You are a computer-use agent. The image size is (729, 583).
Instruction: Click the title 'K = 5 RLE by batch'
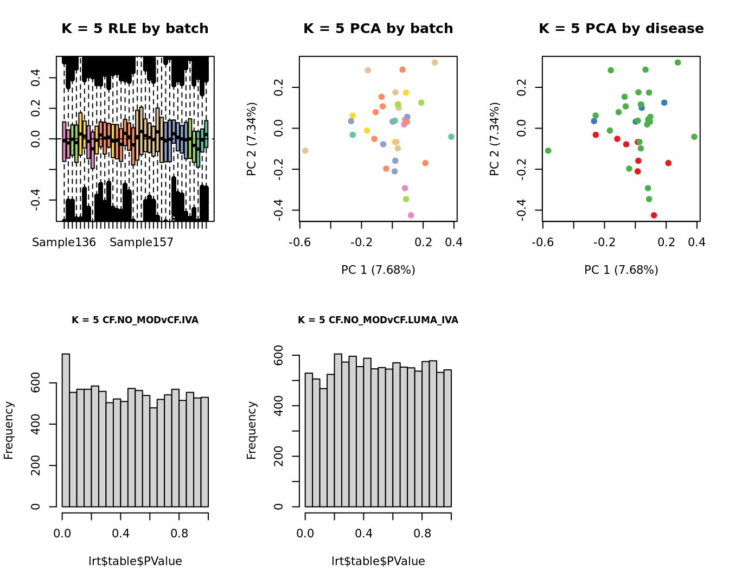click(x=135, y=29)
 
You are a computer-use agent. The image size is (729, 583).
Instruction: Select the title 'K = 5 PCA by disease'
click(x=621, y=29)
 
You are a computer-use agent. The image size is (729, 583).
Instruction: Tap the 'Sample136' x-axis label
click(x=64, y=242)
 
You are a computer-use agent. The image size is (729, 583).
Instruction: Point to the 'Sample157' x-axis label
click(x=142, y=242)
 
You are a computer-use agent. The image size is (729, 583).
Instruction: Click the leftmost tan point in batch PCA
click(x=305, y=151)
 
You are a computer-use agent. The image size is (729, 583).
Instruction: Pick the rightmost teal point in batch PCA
click(x=451, y=137)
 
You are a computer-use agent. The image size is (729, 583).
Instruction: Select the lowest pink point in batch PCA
click(x=411, y=215)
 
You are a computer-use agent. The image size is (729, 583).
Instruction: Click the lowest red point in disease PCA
click(x=654, y=215)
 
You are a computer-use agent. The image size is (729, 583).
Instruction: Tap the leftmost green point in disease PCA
click(x=548, y=151)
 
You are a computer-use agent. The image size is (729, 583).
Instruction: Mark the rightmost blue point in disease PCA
click(x=664, y=102)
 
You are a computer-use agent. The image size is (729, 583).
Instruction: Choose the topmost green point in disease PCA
click(x=677, y=62)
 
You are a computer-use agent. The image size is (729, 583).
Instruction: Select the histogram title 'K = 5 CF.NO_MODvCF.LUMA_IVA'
click(x=378, y=320)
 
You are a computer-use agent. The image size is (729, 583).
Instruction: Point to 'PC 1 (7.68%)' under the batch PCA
click(x=378, y=270)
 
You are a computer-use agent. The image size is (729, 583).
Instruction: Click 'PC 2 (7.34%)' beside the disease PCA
click(x=494, y=139)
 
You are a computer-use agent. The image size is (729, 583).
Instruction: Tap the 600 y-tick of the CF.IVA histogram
click(x=36, y=383)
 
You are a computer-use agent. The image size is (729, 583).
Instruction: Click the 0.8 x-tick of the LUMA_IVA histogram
click(x=422, y=534)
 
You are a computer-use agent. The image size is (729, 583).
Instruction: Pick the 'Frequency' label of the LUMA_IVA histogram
click(x=252, y=430)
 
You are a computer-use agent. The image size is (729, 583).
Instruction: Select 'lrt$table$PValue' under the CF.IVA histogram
click(x=135, y=561)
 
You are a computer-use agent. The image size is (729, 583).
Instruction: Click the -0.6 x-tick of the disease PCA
click(x=542, y=242)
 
